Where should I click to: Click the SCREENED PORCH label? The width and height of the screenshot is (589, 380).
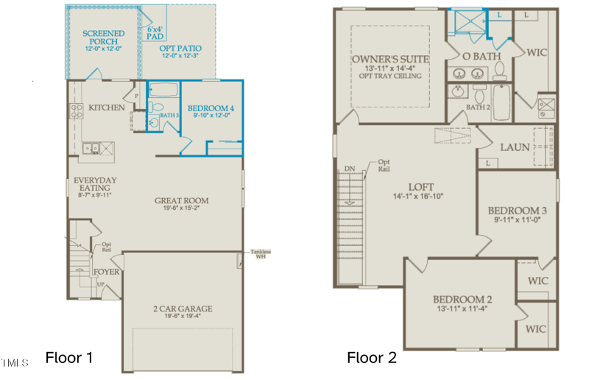point(103,38)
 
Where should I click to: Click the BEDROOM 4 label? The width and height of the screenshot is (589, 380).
point(211,109)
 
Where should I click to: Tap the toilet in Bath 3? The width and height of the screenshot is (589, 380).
point(154,123)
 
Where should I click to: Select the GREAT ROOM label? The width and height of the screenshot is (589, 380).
point(181,200)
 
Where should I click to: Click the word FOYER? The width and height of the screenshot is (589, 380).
point(107,272)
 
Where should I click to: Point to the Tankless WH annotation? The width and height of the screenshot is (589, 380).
point(260,254)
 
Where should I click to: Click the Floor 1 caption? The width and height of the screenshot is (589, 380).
point(69,358)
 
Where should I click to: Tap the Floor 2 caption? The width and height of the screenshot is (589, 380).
point(372,358)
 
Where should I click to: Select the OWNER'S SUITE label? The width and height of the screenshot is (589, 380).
point(389,59)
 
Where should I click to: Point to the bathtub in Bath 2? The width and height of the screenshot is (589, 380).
point(501,102)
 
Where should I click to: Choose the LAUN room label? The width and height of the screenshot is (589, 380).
point(515,147)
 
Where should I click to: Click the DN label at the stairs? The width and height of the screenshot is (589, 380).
point(350,169)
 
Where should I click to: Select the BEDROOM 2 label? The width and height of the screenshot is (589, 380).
point(462,299)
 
